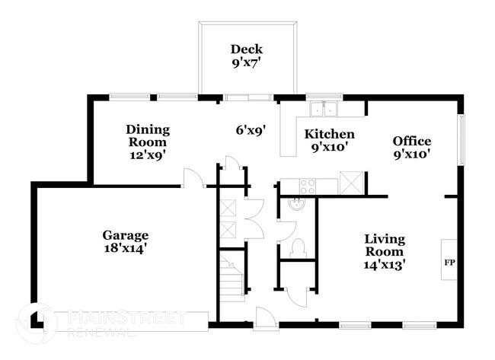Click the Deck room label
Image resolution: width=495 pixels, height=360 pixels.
247,49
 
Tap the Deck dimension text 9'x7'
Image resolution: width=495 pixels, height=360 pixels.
247,63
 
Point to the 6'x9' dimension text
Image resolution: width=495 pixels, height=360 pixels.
249,130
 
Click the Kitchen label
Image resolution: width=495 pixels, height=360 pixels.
329,135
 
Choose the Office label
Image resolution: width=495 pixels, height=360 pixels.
412,141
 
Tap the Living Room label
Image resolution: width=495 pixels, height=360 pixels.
384,244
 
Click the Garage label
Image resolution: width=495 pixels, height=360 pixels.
126,234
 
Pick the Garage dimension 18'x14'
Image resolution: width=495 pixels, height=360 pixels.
126,247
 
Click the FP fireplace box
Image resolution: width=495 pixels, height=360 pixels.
449,260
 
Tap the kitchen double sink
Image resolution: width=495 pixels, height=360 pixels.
324,109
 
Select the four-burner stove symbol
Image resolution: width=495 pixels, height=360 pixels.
308,186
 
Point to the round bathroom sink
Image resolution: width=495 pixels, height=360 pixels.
297,204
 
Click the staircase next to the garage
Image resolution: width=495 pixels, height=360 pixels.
232,277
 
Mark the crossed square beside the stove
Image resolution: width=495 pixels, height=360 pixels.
351,183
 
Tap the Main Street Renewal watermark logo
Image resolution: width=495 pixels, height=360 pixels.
37,323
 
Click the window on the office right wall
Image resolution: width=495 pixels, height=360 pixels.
460,140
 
